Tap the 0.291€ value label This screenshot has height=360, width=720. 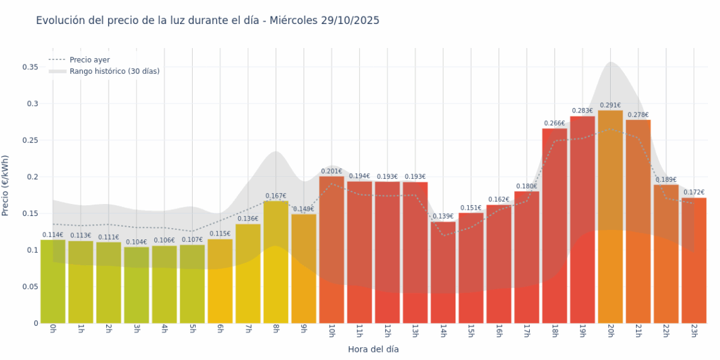[610, 105]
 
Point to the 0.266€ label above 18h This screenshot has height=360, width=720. [555, 123]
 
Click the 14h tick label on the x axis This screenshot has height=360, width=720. [443, 331]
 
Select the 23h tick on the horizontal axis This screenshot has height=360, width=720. [693, 331]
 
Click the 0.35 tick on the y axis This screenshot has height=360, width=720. [30, 66]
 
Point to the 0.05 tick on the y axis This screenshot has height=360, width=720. [30, 287]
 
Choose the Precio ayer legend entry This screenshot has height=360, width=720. [89, 60]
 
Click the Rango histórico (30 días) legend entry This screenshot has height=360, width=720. [114, 71]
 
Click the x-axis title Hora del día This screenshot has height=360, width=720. [373, 349]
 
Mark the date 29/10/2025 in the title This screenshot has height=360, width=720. [351, 20]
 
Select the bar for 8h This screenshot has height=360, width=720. [276, 262]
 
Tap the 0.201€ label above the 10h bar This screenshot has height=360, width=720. [332, 171]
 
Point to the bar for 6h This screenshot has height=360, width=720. [220, 281]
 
